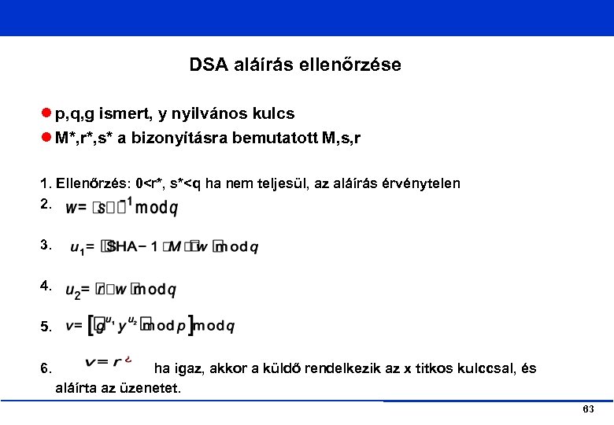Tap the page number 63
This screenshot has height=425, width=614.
588,411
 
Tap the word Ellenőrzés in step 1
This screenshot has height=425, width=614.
94,184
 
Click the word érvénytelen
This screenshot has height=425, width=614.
422,184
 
